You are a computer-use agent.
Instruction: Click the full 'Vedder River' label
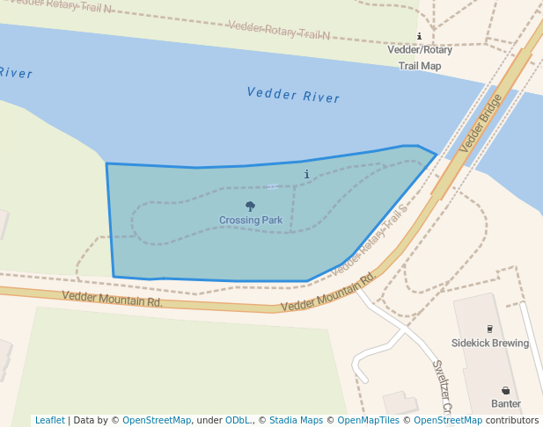click(293, 95)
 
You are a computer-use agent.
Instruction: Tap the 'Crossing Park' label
click(251, 220)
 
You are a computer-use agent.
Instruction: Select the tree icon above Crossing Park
click(251, 206)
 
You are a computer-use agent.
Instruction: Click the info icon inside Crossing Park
click(306, 174)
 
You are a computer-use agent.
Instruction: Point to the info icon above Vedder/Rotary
click(419, 36)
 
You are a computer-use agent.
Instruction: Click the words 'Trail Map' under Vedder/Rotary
click(420, 65)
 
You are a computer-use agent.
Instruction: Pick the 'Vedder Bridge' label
click(481, 123)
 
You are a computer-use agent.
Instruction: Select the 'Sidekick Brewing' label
click(490, 343)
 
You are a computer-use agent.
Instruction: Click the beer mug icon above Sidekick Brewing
click(490, 329)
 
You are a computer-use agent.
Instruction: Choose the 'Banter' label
click(506, 404)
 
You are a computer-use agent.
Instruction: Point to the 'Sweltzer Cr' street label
click(441, 387)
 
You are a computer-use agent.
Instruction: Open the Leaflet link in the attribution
click(49, 420)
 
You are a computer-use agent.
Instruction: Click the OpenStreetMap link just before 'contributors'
click(448, 420)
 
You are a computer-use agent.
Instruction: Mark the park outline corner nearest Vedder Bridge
click(436, 155)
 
